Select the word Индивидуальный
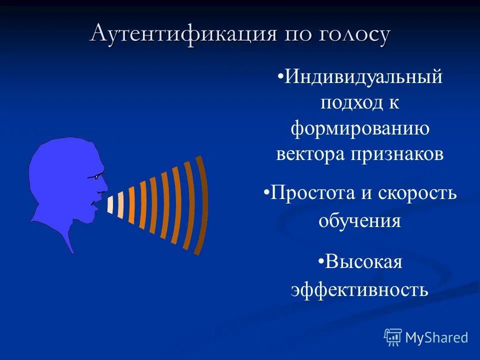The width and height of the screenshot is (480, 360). pyautogui.click(x=363, y=77)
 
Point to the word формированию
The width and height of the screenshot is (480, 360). pyautogui.click(x=360, y=128)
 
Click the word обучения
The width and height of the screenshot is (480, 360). pyautogui.click(x=360, y=220)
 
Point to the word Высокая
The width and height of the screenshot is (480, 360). pyautogui.click(x=363, y=261)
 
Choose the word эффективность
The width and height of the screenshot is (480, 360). pyautogui.click(x=359, y=289)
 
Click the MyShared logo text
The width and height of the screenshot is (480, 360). pyautogui.click(x=436, y=337)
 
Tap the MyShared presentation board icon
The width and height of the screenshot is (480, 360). pyautogui.click(x=393, y=337)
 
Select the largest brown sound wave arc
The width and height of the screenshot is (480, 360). pyautogui.click(x=201, y=205)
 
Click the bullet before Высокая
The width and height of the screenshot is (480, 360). pyautogui.click(x=320, y=261)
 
